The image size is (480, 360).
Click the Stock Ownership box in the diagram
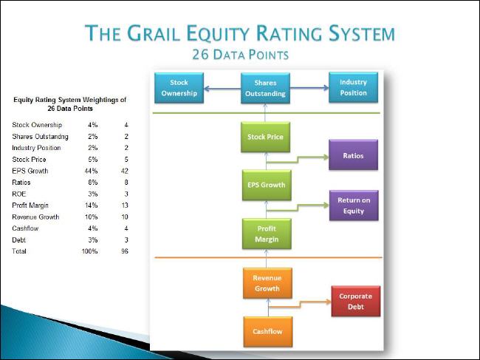(179, 88)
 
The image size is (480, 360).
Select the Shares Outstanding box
(265, 88)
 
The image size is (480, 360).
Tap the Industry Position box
(353, 87)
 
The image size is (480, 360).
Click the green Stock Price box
(265, 137)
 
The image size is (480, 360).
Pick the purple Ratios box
(353, 154)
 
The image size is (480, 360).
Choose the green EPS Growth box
(267, 185)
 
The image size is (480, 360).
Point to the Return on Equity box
(354, 206)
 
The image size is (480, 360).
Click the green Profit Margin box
(267, 234)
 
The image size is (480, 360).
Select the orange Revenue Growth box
(267, 283)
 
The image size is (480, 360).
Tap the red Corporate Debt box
(356, 301)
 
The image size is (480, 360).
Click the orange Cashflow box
(268, 332)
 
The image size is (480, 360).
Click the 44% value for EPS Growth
(91, 171)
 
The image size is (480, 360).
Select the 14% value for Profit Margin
(92, 206)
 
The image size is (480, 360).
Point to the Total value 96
(125, 251)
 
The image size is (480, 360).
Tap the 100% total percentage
(89, 251)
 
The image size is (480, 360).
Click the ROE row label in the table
(19, 194)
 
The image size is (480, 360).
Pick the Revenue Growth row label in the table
(35, 217)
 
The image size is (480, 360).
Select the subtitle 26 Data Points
(240, 55)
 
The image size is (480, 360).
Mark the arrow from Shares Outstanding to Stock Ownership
(222, 89)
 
